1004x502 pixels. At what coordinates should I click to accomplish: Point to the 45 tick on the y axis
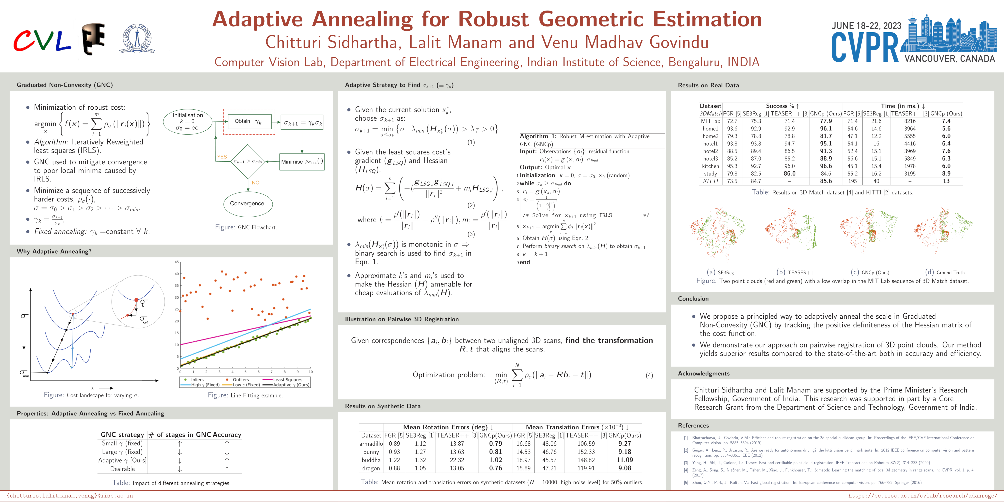(176, 262)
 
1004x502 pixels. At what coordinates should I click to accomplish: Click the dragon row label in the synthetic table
(371, 468)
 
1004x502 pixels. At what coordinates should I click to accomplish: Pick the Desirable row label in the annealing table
(122, 469)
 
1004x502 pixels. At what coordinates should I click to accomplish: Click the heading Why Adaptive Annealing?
(54, 251)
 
